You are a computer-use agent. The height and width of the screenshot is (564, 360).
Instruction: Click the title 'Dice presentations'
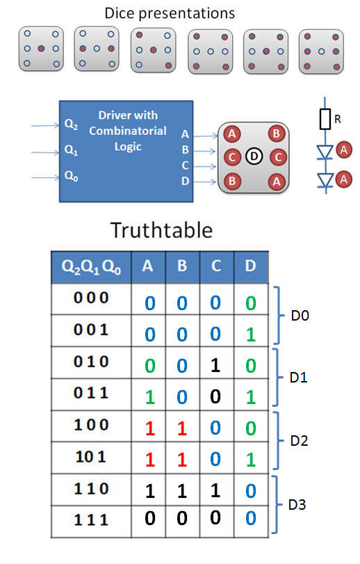click(x=170, y=14)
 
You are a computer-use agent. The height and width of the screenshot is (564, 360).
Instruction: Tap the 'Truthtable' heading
click(x=162, y=230)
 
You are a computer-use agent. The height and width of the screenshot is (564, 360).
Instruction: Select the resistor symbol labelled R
click(x=325, y=119)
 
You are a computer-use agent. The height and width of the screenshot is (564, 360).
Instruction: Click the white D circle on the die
click(x=254, y=156)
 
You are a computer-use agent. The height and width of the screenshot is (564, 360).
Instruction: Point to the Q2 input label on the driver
click(x=71, y=124)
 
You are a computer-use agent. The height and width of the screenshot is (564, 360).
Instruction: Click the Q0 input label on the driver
click(x=71, y=176)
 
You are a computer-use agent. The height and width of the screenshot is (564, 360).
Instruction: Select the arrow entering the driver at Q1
click(x=45, y=152)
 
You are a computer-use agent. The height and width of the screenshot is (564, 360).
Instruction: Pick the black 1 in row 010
click(x=215, y=365)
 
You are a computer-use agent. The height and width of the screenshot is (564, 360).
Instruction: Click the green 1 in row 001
click(x=251, y=335)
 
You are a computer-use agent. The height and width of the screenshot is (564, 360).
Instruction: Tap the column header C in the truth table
click(x=216, y=266)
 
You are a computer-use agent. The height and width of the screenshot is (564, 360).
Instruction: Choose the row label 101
click(x=91, y=457)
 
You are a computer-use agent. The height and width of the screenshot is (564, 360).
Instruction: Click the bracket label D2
click(x=299, y=441)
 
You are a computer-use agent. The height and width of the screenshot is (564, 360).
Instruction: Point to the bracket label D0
click(x=300, y=316)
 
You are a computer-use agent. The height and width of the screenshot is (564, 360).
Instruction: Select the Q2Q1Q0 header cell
click(x=91, y=268)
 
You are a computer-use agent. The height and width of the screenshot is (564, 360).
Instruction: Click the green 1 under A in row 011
click(x=150, y=397)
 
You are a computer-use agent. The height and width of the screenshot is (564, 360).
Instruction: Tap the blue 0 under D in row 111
click(x=251, y=518)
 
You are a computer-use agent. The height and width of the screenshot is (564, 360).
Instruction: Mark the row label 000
click(x=91, y=298)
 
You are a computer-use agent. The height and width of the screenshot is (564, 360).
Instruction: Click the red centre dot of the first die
click(x=41, y=48)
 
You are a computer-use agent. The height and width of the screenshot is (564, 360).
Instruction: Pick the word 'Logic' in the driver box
click(x=128, y=147)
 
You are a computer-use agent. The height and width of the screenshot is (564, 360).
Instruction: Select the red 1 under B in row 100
click(x=182, y=428)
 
